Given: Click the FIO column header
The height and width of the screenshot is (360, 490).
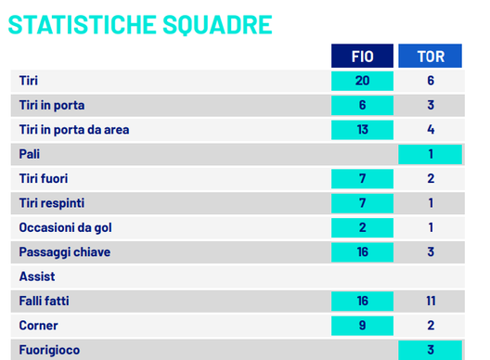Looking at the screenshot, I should pyautogui.click(x=362, y=57).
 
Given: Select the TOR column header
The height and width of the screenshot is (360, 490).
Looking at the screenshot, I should pyautogui.click(x=431, y=57).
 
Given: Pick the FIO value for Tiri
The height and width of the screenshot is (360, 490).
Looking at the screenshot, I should pyautogui.click(x=362, y=81).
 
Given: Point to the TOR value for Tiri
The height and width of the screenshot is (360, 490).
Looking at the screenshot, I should pyautogui.click(x=431, y=81).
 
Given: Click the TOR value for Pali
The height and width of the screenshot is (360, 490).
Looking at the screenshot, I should pyautogui.click(x=431, y=154).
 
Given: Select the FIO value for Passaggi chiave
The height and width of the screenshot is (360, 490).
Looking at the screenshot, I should pyautogui.click(x=362, y=251).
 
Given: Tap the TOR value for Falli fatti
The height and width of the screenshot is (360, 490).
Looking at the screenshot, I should pyautogui.click(x=431, y=301).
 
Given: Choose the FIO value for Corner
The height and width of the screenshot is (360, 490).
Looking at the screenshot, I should pyautogui.click(x=362, y=326).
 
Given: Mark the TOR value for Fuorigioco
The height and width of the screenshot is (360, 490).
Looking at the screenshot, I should pyautogui.click(x=431, y=350).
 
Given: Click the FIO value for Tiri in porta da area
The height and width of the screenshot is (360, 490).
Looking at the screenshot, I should pyautogui.click(x=362, y=130).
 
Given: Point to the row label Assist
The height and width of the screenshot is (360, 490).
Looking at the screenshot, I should pyautogui.click(x=37, y=276).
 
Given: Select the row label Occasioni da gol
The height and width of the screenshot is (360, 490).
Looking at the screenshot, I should pyautogui.click(x=66, y=227).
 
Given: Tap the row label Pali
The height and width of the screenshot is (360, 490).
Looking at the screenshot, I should pyautogui.click(x=30, y=154).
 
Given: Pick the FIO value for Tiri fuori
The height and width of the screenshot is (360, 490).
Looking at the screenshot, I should pyautogui.click(x=362, y=178).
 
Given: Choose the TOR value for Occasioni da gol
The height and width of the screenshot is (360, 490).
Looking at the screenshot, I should pyautogui.click(x=431, y=227).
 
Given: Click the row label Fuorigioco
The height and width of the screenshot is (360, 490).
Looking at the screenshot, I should pyautogui.click(x=50, y=351).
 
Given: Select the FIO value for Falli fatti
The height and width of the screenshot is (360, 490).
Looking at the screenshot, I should pyautogui.click(x=362, y=301).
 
